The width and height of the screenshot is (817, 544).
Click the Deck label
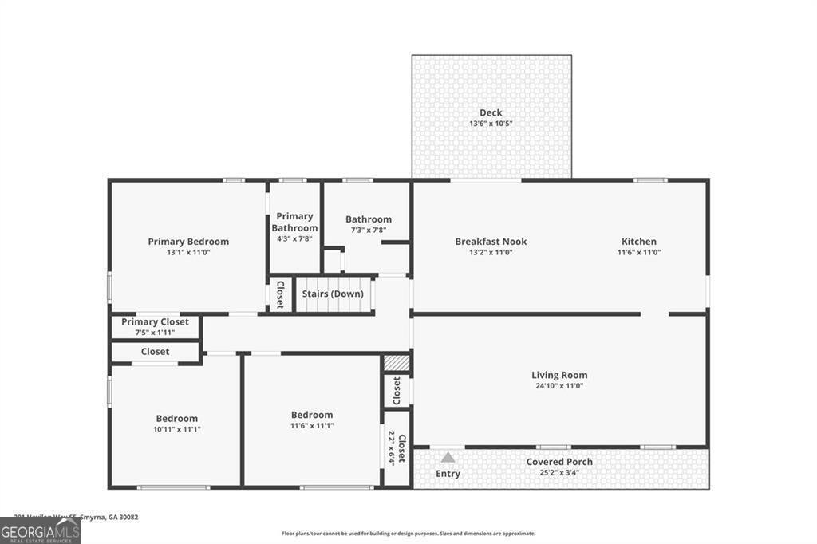491,112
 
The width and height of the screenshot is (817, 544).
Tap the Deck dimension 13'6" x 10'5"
491,124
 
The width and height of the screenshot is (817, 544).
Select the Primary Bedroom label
188,242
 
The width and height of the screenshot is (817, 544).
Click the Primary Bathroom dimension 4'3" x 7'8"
294,238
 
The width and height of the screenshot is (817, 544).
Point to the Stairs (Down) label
333,294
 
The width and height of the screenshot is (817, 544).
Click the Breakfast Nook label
491,242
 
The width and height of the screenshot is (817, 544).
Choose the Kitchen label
639,242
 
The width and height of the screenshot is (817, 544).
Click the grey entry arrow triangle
448,458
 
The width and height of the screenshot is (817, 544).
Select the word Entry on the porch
448,474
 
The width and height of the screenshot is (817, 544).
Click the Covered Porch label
559,462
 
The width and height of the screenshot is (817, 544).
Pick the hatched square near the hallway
397,363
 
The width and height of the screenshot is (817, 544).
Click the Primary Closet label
155,321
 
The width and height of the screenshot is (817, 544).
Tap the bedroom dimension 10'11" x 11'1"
177,429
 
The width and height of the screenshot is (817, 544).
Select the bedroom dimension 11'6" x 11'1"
312,426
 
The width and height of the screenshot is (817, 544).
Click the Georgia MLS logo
40,530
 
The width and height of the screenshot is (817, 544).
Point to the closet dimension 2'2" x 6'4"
391,448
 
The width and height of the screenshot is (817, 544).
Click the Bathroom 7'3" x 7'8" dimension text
369,231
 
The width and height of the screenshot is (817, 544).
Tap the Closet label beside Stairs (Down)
280,294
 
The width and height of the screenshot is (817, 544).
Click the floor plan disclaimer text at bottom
408,534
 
